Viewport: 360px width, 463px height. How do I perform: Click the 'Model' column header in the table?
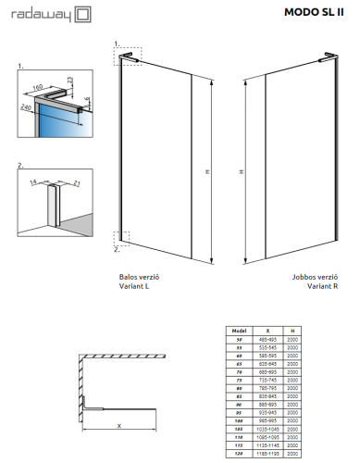pos(238,330)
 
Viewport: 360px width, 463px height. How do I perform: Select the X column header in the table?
pos(267,330)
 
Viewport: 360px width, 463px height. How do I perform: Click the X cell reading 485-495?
pos(267,339)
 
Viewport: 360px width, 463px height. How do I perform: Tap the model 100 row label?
pos(238,419)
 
